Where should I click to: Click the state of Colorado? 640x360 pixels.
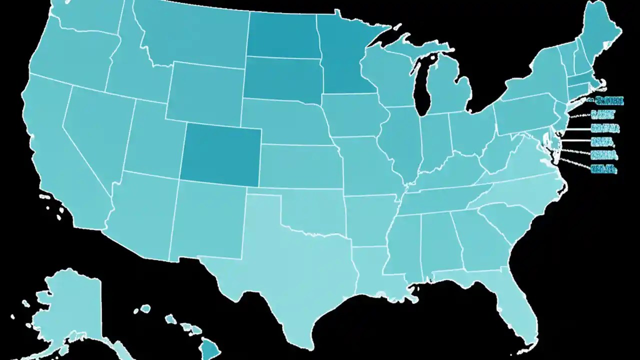pyautogui.click(x=220, y=152)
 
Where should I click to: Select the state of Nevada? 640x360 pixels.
pyautogui.click(x=92, y=135)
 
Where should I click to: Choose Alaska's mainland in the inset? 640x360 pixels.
pyautogui.click(x=70, y=305)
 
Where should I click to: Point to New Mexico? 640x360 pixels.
pyautogui.click(x=207, y=220)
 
